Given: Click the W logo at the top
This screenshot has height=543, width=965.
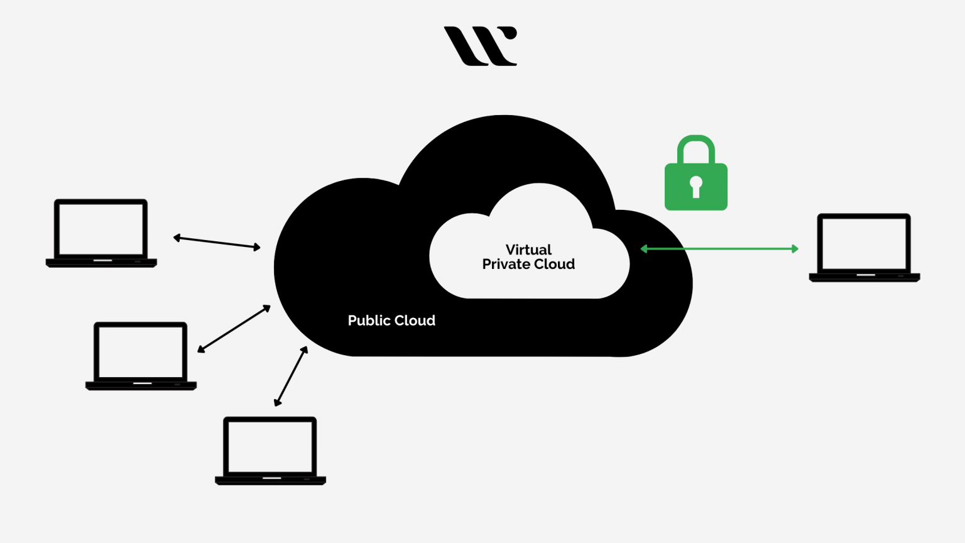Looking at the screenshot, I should point(480,46).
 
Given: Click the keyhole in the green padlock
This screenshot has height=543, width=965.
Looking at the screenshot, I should point(695,186).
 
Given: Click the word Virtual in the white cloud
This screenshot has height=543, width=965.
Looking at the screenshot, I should point(528,250).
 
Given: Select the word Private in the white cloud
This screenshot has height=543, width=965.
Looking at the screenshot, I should point(506,265).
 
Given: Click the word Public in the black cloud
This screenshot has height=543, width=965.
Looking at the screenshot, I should point(369,321).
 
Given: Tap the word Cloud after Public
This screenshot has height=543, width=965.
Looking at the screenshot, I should point(415,321).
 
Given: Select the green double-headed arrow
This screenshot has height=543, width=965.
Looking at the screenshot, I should point(719,249).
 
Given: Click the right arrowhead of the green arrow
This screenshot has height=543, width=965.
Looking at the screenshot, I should point(795,249).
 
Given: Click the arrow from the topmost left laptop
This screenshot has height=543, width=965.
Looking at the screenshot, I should point(217,243).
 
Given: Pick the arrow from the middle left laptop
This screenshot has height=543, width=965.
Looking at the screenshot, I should point(234,329).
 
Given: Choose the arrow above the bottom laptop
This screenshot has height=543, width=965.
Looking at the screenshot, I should point(291,376).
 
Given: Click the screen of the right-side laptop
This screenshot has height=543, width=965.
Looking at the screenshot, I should point(864,244).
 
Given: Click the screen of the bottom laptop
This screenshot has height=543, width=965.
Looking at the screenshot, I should point(270,447).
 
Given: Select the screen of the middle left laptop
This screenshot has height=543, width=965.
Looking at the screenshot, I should point(141,352).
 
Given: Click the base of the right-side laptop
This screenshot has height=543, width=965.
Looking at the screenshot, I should point(864,277).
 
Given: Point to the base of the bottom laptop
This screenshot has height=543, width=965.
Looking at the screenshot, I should point(270,480).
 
